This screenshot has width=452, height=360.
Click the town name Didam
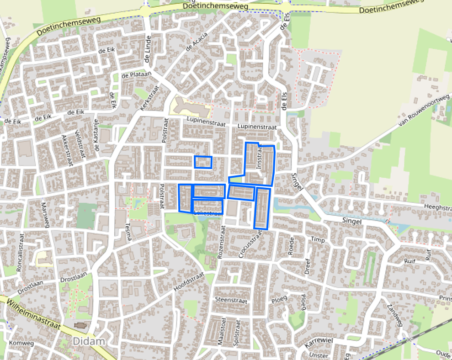coord(89,341)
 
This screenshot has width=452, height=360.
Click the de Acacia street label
coord(197,42)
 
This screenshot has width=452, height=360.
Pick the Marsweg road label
coord(45,215)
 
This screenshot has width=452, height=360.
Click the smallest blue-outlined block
coord(203,162)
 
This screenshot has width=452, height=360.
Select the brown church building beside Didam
coord(80,326)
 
